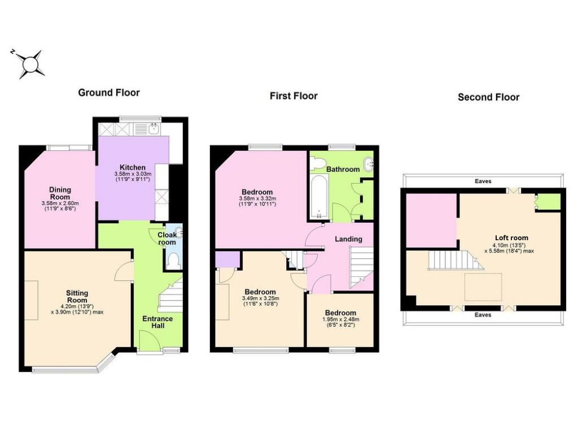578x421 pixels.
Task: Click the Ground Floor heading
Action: (x=109, y=93)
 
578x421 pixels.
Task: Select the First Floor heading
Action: (x=294, y=96)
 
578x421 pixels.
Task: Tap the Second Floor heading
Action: (x=488, y=97)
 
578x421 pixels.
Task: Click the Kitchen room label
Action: (x=133, y=167)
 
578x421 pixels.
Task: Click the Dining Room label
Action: (x=60, y=193)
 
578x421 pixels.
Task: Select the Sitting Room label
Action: (x=77, y=296)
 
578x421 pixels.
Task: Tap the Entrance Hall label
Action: (x=157, y=322)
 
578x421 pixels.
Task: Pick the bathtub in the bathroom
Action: (x=319, y=197)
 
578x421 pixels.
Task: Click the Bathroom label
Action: (x=343, y=170)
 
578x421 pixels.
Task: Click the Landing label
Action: (x=348, y=239)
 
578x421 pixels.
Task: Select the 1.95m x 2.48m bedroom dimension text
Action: (x=340, y=319)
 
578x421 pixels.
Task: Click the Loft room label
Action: (x=511, y=238)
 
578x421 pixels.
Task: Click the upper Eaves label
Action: (x=483, y=181)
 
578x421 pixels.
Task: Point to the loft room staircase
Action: (x=456, y=261)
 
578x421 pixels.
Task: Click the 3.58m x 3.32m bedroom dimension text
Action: (x=257, y=198)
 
